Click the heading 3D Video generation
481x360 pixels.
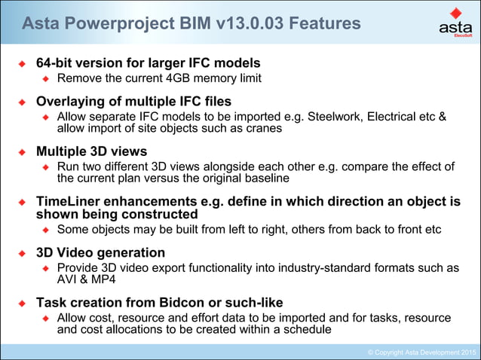(x=100, y=252)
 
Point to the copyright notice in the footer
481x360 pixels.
(x=421, y=352)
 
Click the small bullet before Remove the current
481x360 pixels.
(x=45, y=78)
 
